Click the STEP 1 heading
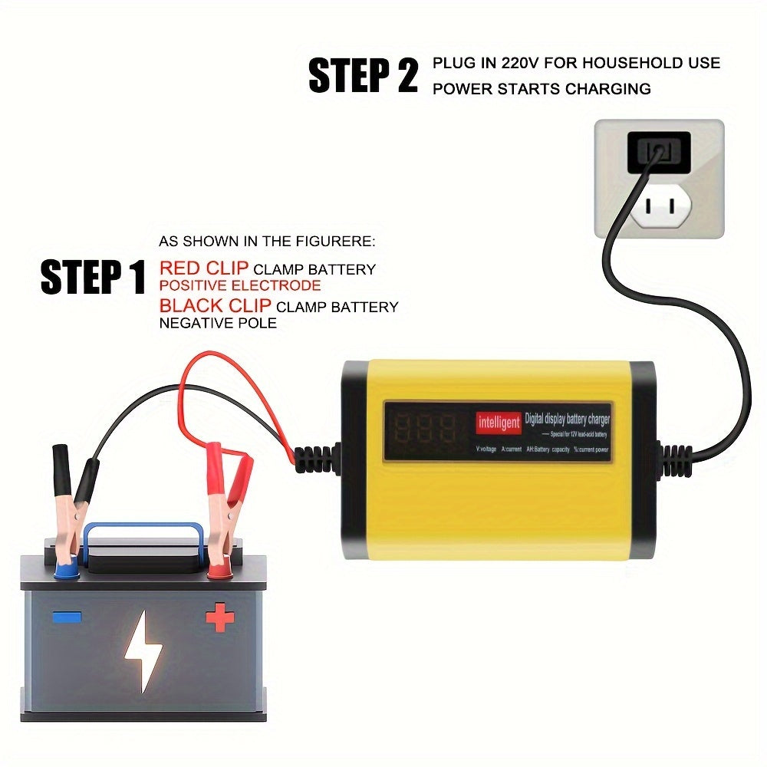tap(93, 277)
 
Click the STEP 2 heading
tap(363, 76)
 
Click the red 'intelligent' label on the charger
tap(499, 422)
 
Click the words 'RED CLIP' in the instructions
tap(203, 268)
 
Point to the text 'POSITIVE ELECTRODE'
tap(239, 285)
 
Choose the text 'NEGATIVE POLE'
tap(218, 324)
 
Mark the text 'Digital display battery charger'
tap(567, 419)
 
